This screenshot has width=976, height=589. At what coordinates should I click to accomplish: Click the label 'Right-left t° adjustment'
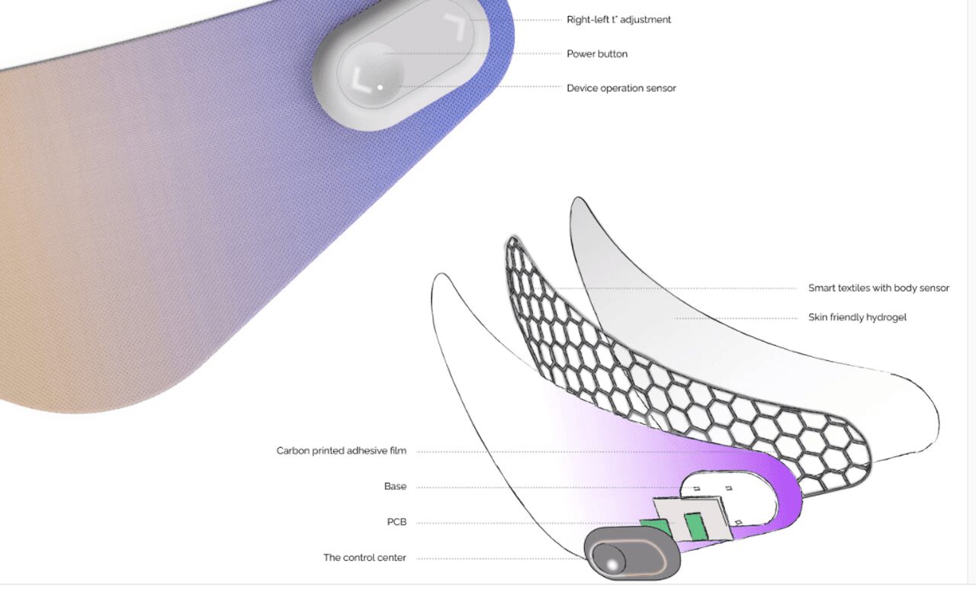coord(618,20)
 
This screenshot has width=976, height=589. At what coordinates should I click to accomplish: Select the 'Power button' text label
coord(597,54)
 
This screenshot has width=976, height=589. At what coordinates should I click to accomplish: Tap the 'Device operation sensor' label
coord(621,88)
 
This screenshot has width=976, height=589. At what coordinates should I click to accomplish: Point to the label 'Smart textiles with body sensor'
coord(878,288)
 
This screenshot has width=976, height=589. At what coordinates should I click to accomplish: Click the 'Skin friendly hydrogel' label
coord(857,317)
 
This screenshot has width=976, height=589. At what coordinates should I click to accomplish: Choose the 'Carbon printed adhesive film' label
coord(341,451)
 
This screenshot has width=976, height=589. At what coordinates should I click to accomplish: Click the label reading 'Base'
coord(395,487)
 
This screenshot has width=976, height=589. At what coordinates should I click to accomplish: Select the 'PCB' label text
coord(396,522)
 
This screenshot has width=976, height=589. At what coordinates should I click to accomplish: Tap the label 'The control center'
coord(364,558)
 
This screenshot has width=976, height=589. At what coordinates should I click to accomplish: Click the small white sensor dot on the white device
coord(380,88)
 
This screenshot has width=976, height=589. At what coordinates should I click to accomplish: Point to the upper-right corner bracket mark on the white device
coord(456,26)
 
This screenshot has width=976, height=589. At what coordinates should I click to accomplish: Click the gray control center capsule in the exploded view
coord(632,553)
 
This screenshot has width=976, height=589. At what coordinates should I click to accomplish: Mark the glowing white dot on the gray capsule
coord(612,565)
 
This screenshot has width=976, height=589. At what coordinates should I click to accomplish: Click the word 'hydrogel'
coord(886,317)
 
